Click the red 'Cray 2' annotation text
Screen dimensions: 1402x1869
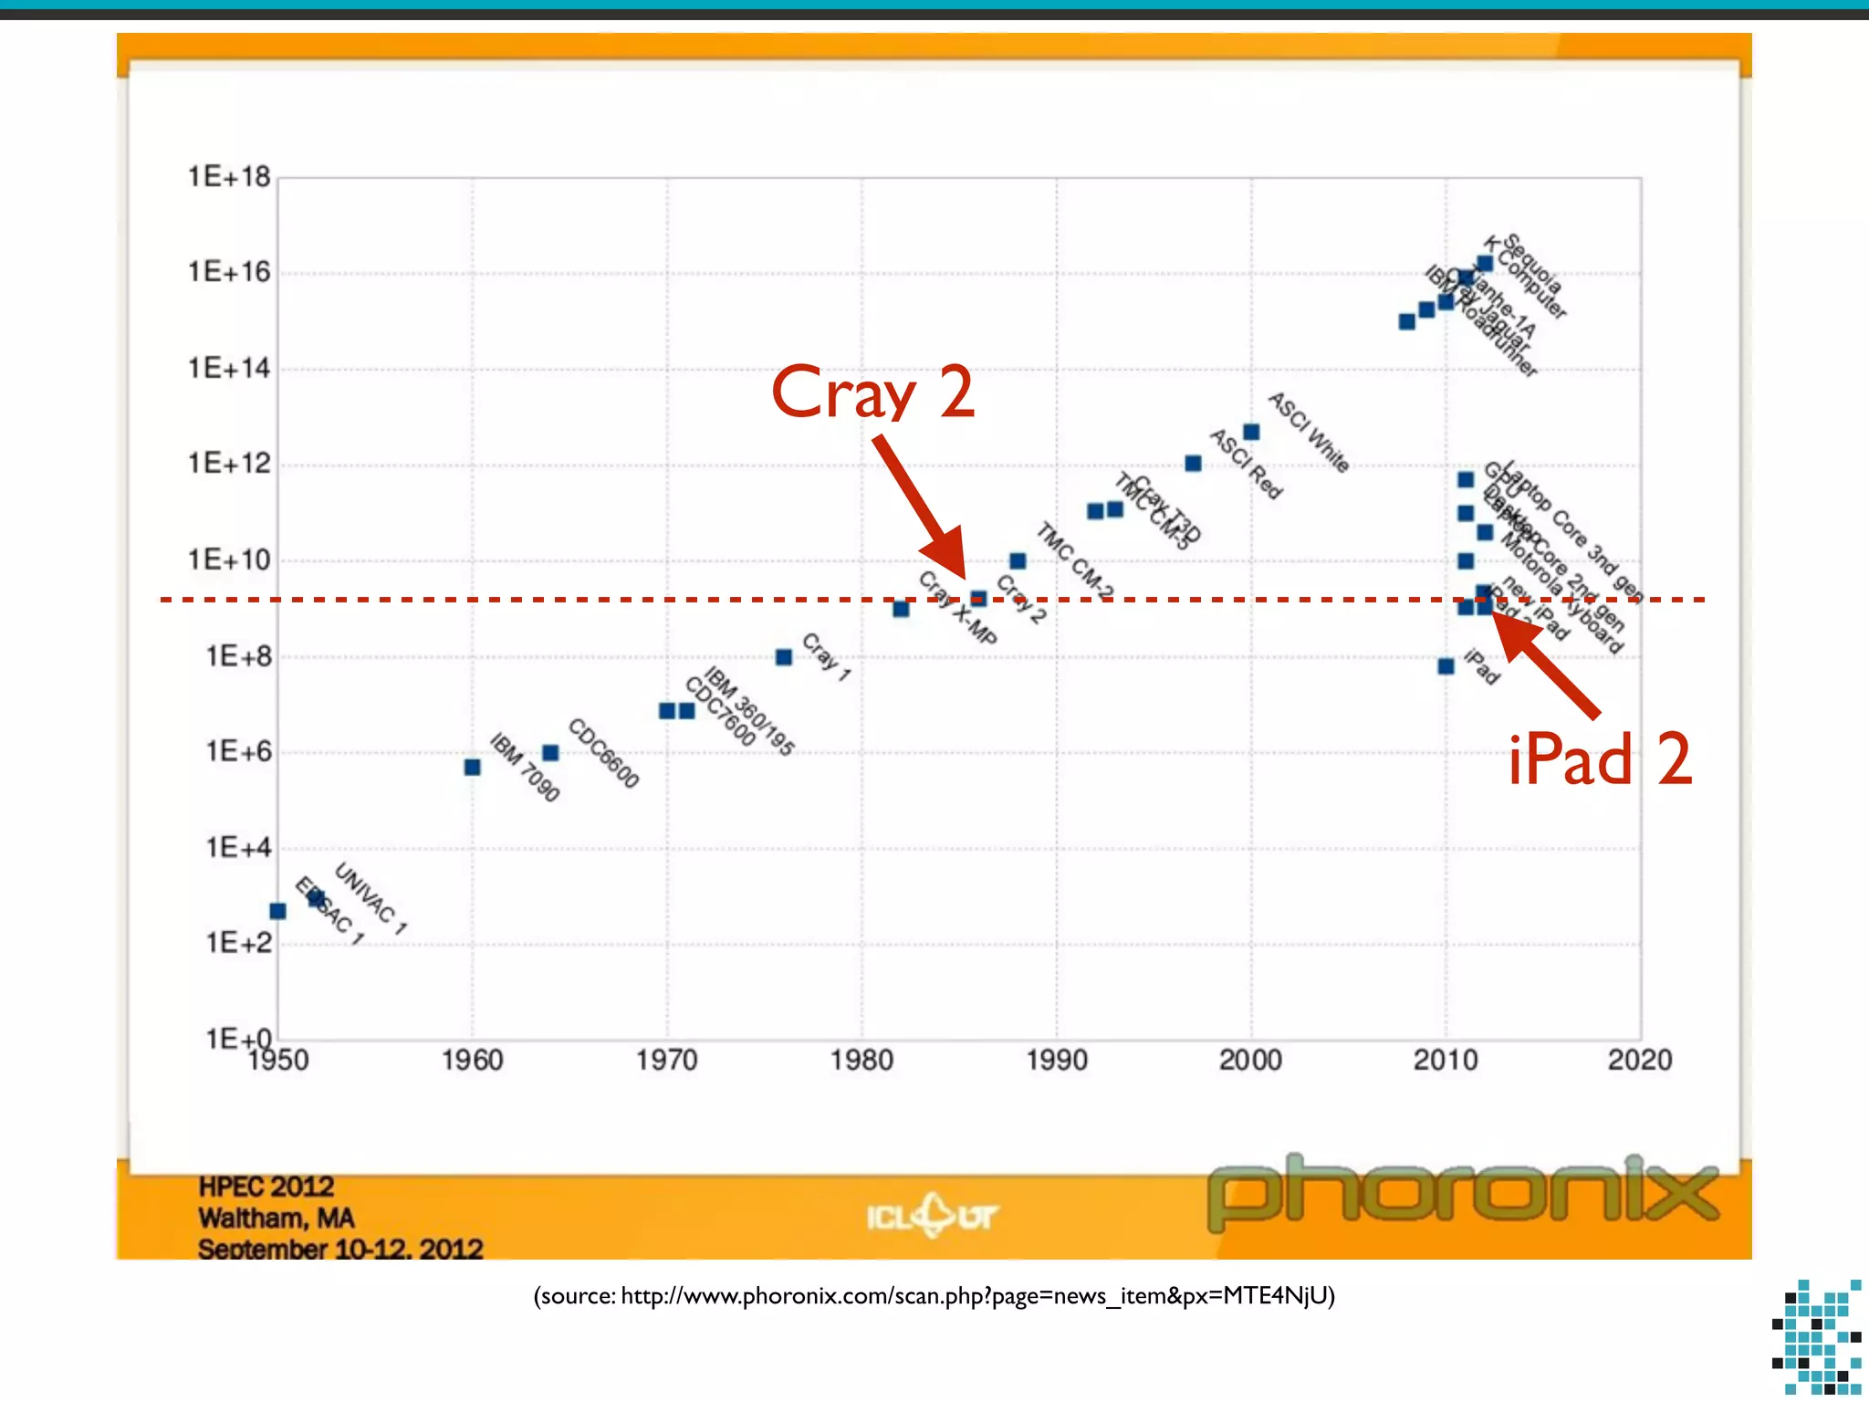(872, 392)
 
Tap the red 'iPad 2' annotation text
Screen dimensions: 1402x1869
(1600, 759)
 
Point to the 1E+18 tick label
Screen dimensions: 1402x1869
(229, 176)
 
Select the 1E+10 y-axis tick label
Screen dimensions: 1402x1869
(229, 560)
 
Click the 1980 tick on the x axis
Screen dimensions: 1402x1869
(861, 1060)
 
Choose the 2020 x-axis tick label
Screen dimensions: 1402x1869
(1639, 1060)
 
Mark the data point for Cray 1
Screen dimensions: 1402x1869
(784, 657)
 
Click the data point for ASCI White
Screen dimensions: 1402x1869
(1251, 432)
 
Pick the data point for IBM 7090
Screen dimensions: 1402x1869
(472, 767)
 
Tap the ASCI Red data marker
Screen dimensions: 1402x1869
(1193, 464)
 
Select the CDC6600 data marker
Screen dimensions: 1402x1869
(550, 753)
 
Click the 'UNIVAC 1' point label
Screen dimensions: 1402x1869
(371, 898)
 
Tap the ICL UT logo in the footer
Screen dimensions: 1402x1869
(932, 1216)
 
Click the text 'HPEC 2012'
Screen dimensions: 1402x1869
(266, 1187)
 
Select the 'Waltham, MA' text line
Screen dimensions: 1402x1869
(276, 1218)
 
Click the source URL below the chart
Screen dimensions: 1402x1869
(934, 1296)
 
